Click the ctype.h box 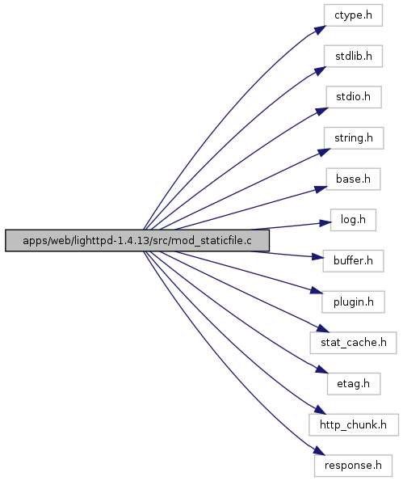(x=353, y=15)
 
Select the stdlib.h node (x=353, y=56)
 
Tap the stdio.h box (x=354, y=97)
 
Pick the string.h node (x=354, y=138)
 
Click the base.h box (x=353, y=179)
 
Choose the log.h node (x=353, y=220)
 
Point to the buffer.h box (x=353, y=261)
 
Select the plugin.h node (x=353, y=302)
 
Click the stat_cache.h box (x=353, y=343)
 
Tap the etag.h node (x=354, y=384)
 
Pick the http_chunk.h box (x=354, y=424)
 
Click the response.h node (x=353, y=466)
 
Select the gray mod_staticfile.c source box (x=137, y=241)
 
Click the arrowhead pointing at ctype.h (x=320, y=30)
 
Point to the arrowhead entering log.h (x=325, y=223)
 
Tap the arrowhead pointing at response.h (x=319, y=450)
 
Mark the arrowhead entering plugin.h (x=317, y=290)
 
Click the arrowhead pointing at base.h (x=321, y=189)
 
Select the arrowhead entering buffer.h (x=318, y=257)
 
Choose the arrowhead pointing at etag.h (x=321, y=369)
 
